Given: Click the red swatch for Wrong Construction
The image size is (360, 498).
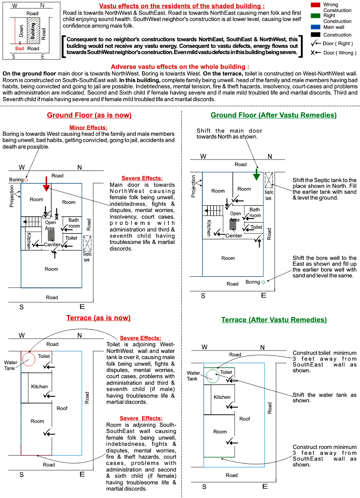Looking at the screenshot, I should coord(316,5).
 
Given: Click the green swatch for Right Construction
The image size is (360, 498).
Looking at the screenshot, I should coord(316,16).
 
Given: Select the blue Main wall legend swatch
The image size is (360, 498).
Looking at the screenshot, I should coord(316,27).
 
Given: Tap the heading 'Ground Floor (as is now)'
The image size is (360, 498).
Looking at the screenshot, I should coord(89,115).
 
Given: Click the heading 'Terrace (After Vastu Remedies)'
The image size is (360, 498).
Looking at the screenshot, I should coord(274,320).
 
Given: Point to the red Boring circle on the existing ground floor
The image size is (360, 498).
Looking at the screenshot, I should coord(26,180).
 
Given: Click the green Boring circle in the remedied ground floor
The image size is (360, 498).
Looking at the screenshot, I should coord(263,282).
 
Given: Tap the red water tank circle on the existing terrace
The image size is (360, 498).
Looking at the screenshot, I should coord(28,359).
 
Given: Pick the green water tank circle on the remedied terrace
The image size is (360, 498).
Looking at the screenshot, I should coord(213,376).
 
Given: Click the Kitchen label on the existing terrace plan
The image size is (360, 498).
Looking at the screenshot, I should coord(40,387).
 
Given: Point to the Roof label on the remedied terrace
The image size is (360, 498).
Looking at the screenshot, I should coord(245,419).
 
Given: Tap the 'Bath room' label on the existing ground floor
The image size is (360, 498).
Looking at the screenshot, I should coord(74,223).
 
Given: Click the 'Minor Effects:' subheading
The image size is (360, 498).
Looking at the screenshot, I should coord(88,128).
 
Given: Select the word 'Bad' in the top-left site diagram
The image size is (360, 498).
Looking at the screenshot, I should coord(19,49).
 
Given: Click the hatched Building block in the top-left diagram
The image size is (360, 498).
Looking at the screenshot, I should coord(33,31).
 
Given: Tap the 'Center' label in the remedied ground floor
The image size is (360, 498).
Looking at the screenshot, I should coord(234,235).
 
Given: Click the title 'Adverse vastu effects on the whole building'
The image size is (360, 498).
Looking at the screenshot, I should coord(180,67).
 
